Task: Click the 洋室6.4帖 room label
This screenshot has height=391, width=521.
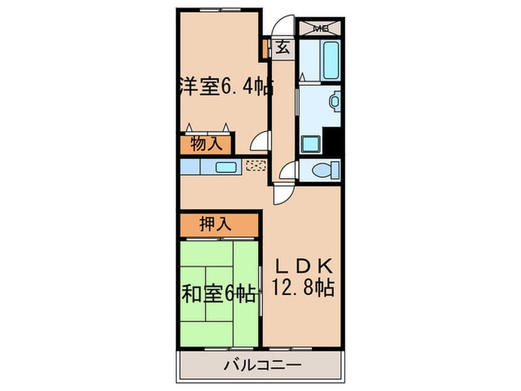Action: click(x=223, y=87)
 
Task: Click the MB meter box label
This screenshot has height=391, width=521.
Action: click(x=321, y=28)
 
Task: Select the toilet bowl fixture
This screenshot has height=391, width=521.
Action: click(x=323, y=171)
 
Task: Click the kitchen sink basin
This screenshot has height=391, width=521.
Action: click(x=226, y=166)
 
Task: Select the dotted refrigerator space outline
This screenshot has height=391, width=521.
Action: click(x=255, y=166)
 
